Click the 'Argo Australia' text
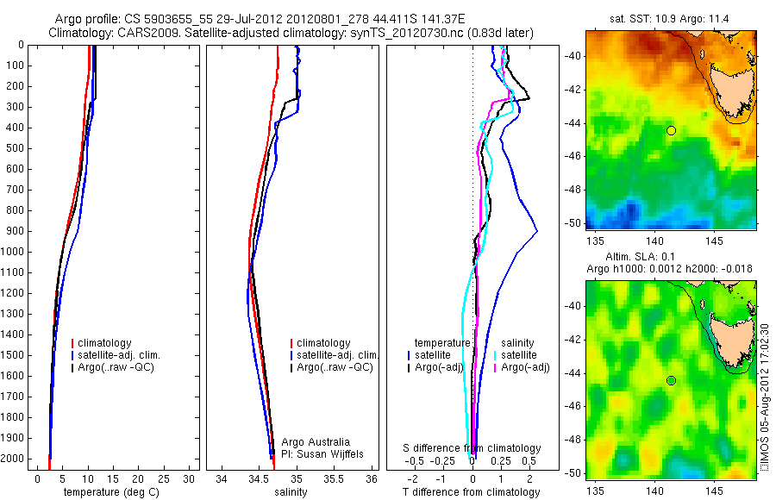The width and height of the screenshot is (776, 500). click(316, 442)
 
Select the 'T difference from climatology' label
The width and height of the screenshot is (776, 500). click(472, 492)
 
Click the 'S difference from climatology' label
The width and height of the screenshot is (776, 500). click(472, 448)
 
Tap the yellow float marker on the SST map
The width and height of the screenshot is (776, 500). click(671, 130)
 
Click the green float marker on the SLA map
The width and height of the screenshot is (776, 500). click(671, 380)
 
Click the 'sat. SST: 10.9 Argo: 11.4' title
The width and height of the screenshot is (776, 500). click(671, 18)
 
